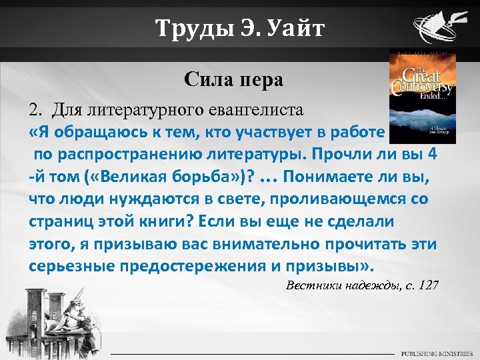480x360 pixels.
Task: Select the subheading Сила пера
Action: pos(234,81)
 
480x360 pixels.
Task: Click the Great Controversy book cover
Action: pos(422,96)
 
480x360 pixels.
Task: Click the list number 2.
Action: pos(35,109)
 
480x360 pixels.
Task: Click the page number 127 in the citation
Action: pos(427,285)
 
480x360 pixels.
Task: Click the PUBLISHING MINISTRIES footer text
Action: pos(436,353)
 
